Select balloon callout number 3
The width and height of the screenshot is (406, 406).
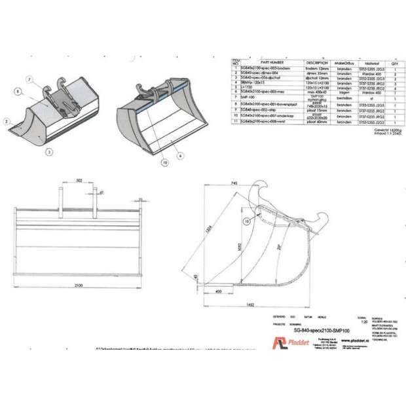click(48, 150)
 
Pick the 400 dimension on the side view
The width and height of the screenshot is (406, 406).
click(217, 289)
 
